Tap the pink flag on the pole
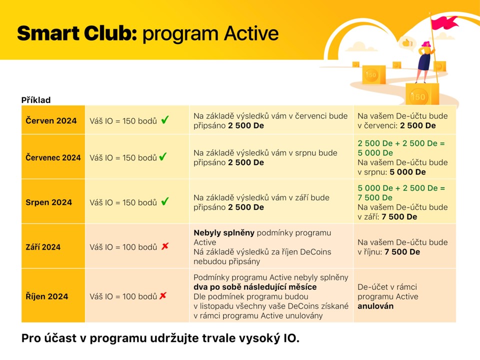(x=444, y=22)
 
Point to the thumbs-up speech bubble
(x=407, y=43)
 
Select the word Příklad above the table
(x=36, y=100)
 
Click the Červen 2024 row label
(x=51, y=120)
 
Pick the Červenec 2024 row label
(x=53, y=157)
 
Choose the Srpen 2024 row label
(x=48, y=202)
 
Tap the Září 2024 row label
(x=43, y=247)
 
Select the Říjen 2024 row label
(x=47, y=296)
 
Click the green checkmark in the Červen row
(x=165, y=119)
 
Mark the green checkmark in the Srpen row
(x=165, y=201)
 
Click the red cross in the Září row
(x=165, y=246)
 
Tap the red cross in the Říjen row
(x=163, y=295)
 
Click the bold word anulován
(x=375, y=306)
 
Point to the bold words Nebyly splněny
(x=224, y=233)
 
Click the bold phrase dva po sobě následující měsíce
(x=255, y=287)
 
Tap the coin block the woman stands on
(x=422, y=94)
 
